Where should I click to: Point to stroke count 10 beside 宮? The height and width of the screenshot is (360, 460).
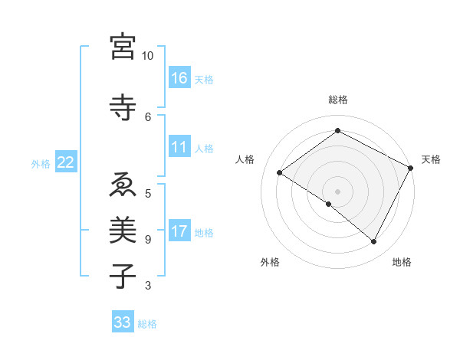[148, 56]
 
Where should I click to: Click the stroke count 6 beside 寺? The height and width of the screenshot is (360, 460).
[148, 116]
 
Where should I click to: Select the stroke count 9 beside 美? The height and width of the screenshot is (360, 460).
[148, 239]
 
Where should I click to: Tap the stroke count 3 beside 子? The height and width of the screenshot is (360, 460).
[148, 286]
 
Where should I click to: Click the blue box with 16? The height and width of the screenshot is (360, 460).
[179, 78]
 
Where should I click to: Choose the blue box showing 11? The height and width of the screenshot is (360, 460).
[179, 147]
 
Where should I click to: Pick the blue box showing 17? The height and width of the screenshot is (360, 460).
[179, 231]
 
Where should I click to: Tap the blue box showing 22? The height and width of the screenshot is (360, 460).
[66, 162]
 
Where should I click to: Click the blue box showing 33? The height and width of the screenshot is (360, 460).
[122, 322]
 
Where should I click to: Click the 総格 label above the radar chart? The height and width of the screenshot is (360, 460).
[338, 100]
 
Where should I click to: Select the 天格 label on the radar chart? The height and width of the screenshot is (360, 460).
[431, 159]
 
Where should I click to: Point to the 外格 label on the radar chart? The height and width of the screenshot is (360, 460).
[270, 262]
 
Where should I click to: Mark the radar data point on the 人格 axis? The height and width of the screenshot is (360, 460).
[280, 173]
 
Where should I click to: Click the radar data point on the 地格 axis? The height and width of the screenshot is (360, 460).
[374, 241]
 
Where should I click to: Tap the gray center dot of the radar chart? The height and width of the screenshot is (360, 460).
[337, 191]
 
